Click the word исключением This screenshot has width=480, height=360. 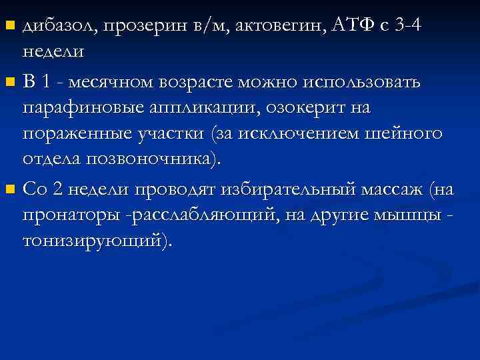point(311,134)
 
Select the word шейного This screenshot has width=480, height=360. point(408,133)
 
